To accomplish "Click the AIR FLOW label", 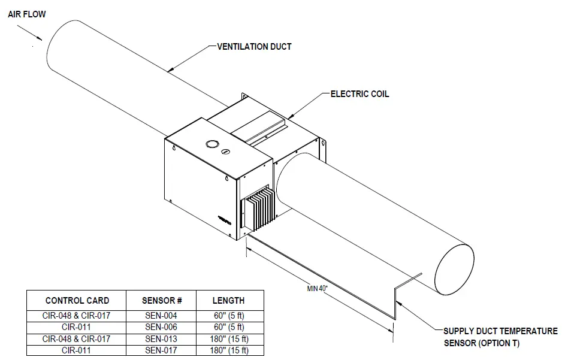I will tap(27, 13).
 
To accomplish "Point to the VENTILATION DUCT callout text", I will tap(254, 46).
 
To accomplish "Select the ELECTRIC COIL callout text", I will tap(359, 94).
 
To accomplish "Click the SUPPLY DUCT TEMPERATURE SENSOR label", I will tap(500, 337).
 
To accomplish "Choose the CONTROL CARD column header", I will tap(77, 300).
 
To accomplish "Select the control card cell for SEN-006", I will tap(77, 326).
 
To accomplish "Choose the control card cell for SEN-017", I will tap(77, 350).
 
